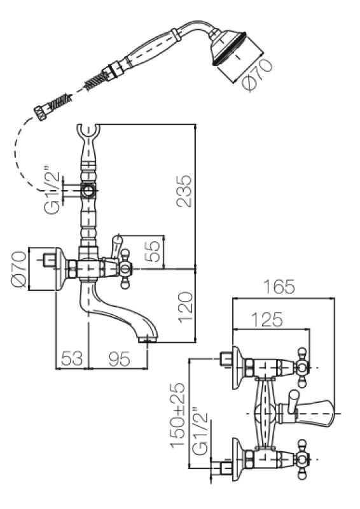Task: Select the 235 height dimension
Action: pyautogui.click(x=184, y=191)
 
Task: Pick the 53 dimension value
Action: pyautogui.click(x=72, y=359)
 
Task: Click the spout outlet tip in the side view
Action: pyautogui.click(x=148, y=341)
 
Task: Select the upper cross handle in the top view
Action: pyautogui.click(x=301, y=367)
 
